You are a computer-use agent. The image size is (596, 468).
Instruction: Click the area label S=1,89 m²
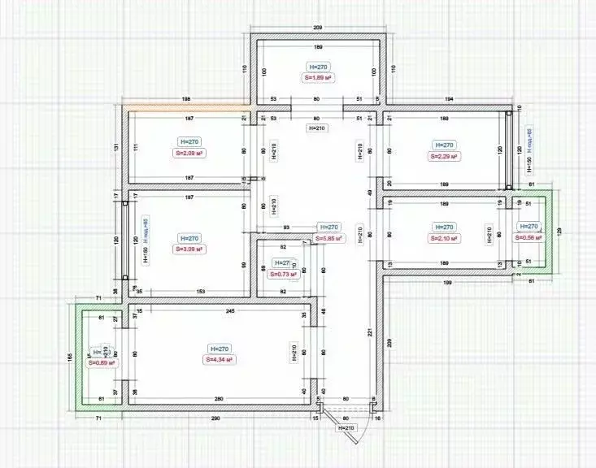320,77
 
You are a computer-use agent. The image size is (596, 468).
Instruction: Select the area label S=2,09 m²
188,153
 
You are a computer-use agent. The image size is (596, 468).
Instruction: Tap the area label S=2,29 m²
443,156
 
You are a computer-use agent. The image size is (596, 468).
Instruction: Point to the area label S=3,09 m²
188,249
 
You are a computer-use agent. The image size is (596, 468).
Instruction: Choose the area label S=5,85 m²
328,239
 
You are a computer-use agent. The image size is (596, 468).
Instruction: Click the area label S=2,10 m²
443,239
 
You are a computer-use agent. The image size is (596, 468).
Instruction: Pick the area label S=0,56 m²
529,237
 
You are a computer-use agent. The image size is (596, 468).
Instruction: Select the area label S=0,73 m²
283,275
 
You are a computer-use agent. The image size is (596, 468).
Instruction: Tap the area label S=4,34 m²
220,359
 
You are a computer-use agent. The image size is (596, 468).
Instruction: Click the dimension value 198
186,97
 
